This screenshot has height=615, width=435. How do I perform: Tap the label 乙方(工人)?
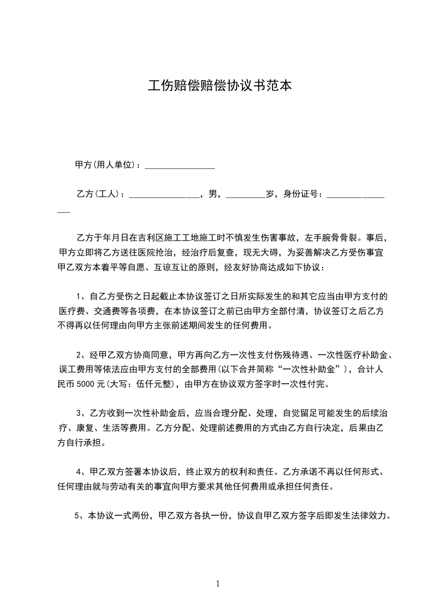pos(97,194)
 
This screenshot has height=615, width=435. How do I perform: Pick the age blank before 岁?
pos(245,196)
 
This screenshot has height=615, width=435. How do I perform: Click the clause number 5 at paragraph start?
pos(76,515)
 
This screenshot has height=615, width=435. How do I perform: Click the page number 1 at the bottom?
pos(218,583)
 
